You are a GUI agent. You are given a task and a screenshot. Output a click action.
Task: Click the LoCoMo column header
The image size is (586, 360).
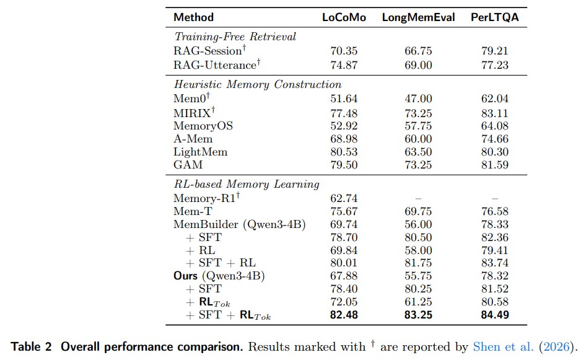click(x=344, y=17)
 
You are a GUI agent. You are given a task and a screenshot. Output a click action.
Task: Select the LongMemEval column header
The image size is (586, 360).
click(x=418, y=17)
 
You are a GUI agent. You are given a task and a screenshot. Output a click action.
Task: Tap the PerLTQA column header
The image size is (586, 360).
click(x=494, y=17)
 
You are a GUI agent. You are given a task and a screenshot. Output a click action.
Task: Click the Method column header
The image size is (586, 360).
click(x=194, y=17)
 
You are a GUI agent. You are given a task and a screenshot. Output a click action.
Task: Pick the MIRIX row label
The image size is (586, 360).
click(x=194, y=112)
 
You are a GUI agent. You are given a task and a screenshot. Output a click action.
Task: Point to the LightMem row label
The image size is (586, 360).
click(x=200, y=152)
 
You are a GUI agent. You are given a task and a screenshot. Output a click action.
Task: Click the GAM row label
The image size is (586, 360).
click(x=188, y=165)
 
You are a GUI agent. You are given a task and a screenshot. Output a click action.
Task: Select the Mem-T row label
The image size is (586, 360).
click(x=193, y=211)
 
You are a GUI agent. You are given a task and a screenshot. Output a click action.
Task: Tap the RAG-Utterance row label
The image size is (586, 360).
click(x=217, y=64)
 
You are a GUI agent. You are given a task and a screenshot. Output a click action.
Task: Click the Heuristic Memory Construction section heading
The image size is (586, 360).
click(x=258, y=84)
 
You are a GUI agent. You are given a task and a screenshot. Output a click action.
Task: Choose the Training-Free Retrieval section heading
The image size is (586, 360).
click(x=235, y=37)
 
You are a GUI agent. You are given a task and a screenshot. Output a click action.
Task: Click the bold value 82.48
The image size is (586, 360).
click(x=344, y=315)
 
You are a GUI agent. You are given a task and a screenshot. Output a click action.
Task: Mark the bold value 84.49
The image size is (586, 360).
click(x=495, y=315)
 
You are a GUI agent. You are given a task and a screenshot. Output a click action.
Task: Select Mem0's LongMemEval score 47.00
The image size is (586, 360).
click(x=418, y=99)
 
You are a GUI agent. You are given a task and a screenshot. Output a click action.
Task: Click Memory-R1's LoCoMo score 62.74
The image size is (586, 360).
click(x=344, y=198)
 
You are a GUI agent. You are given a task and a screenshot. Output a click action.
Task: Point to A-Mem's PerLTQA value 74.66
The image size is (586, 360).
click(x=495, y=139)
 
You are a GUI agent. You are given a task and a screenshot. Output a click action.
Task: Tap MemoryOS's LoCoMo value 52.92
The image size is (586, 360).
click(x=344, y=126)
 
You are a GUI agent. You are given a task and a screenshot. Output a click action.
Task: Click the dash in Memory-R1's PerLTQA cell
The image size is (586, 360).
click(x=495, y=198)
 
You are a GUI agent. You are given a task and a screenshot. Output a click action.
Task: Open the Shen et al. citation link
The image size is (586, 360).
click(x=503, y=347)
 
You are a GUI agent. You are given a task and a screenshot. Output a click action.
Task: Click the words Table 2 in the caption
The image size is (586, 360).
click(x=31, y=347)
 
